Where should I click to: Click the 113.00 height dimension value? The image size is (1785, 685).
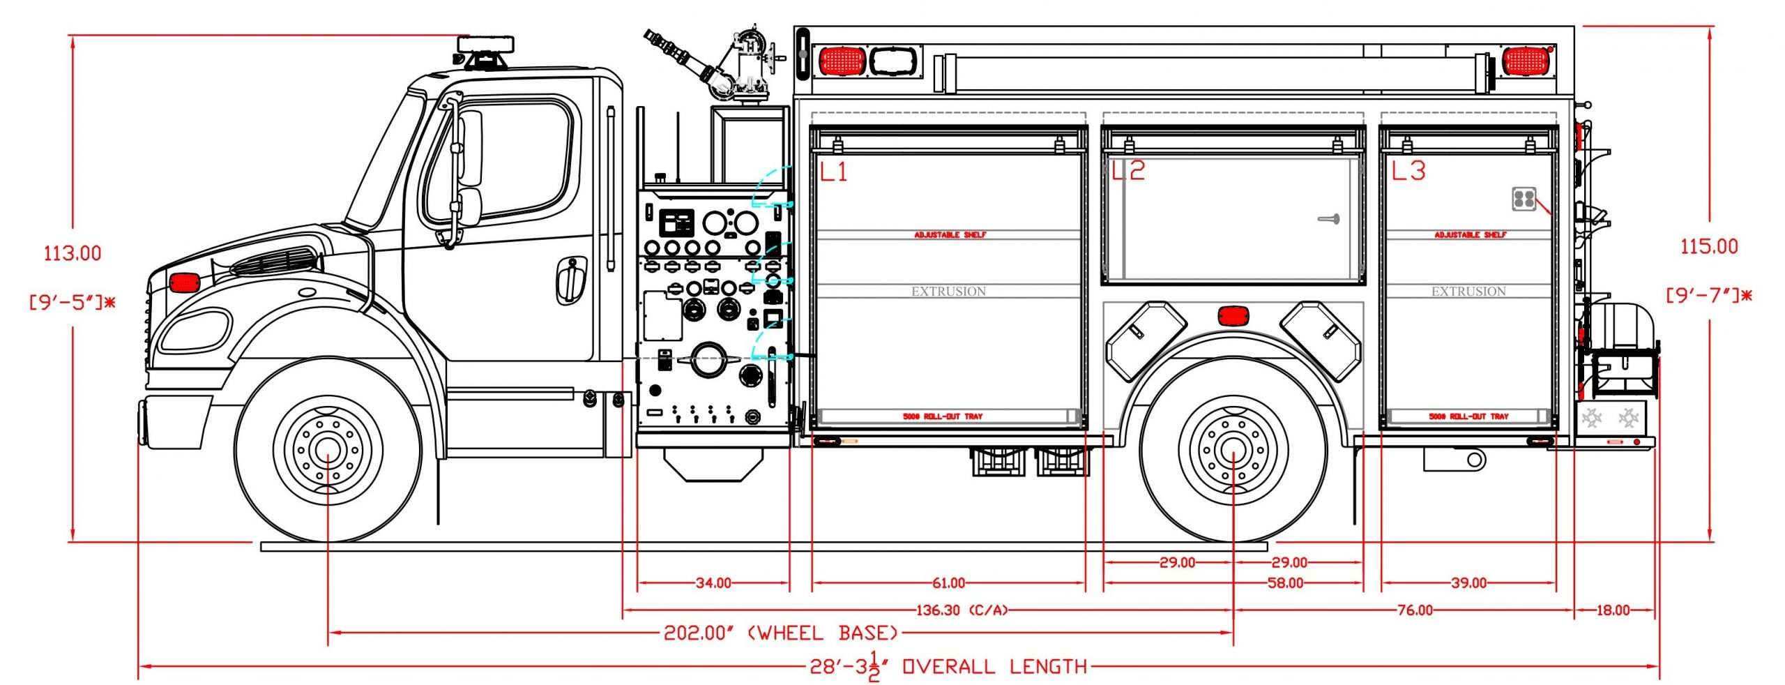73,253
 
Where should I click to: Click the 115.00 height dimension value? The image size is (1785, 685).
1708,246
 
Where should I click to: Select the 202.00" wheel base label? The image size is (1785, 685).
780,633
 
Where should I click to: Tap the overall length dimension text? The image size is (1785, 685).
948,667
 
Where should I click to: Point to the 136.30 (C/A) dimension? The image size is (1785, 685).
962,610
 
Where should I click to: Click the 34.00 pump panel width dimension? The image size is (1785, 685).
713,582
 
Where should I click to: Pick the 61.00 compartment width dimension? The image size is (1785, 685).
948,582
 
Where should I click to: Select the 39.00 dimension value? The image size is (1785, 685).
1468,582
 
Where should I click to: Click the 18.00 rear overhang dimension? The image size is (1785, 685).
1613,610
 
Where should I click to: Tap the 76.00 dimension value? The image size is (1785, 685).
1415,610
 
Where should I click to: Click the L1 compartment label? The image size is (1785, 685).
833,171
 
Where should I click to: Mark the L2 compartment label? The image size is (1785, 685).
1128,171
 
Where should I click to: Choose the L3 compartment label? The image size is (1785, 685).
1408,171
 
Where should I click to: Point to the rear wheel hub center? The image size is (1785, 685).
1233,450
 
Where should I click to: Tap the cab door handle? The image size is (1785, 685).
571,280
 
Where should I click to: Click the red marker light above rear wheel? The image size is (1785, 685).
1233,316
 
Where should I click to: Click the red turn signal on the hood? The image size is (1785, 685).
185,283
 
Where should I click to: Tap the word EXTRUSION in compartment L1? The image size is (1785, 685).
948,292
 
